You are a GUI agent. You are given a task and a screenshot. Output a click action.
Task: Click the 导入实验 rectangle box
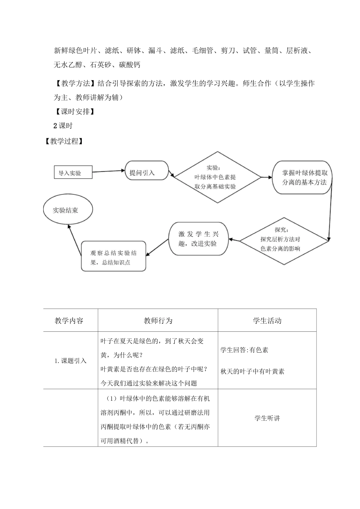point(73,173)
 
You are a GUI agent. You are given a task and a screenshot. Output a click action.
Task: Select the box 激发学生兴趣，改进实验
point(198,239)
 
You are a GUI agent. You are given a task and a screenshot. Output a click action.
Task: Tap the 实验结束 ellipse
point(68,210)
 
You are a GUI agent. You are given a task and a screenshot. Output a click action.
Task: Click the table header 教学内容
point(69,320)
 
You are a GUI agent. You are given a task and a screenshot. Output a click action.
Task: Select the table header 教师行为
point(158,320)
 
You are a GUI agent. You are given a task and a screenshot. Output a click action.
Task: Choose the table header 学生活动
point(267,320)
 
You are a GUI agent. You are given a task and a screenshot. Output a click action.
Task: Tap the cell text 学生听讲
point(267,418)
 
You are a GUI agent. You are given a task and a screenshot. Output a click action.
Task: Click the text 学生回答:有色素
point(244,350)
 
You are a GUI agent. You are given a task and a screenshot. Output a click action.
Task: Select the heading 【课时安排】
point(74,112)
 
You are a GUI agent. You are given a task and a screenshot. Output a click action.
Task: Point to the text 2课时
point(63,126)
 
